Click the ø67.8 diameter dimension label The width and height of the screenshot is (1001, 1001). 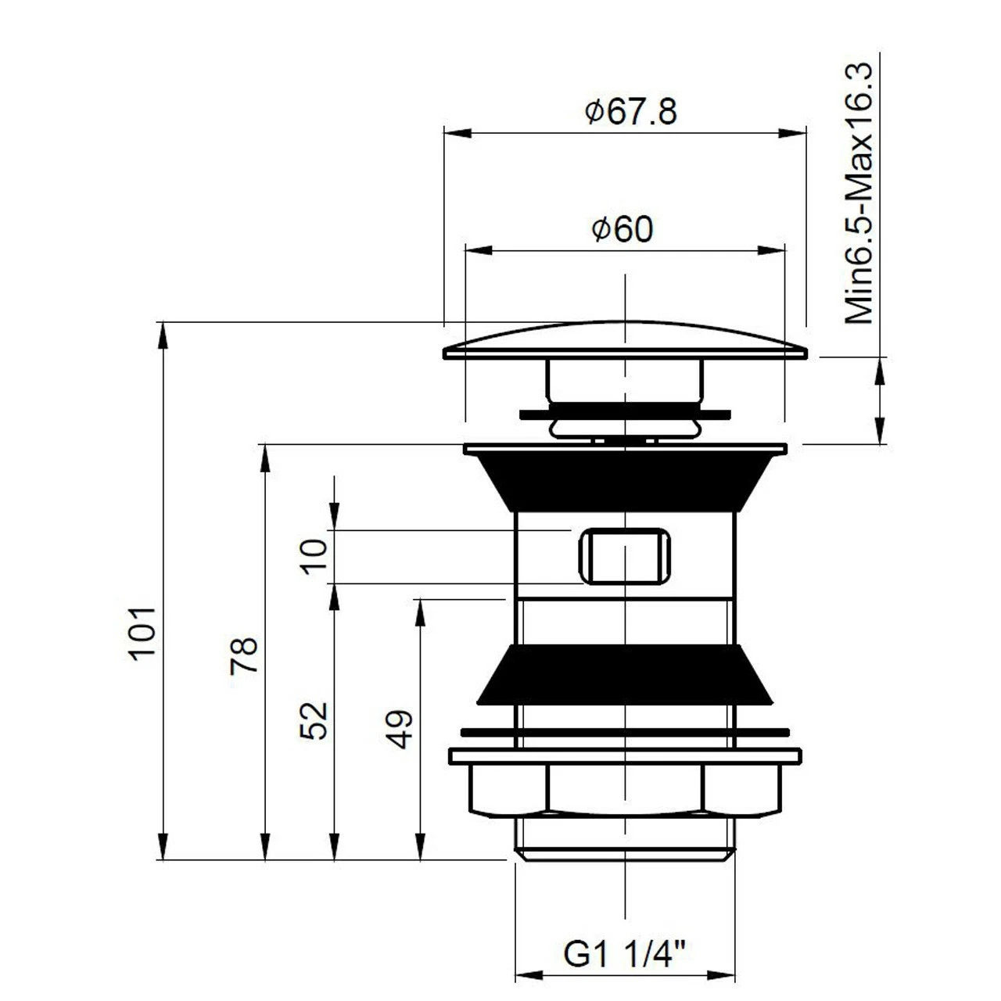pyautogui.click(x=630, y=112)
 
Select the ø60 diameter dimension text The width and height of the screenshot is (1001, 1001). pyautogui.click(x=622, y=229)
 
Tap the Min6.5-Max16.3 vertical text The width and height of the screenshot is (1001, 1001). pyautogui.click(x=859, y=193)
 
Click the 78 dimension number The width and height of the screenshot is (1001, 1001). pyautogui.click(x=244, y=655)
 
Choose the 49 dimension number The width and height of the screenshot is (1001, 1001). pyautogui.click(x=400, y=729)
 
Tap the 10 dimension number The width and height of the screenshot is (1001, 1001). pyautogui.click(x=315, y=557)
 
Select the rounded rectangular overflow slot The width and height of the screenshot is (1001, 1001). pyautogui.click(x=625, y=556)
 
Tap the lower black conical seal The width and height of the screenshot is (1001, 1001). pyautogui.click(x=624, y=674)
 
